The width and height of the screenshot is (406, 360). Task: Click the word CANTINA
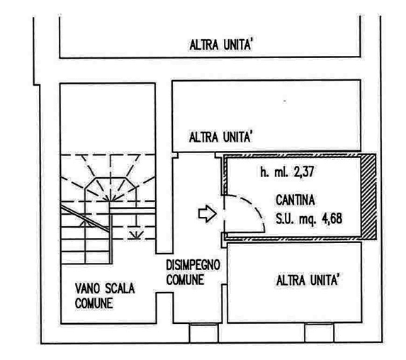(x=295, y=201)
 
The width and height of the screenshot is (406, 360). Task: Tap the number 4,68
(x=332, y=219)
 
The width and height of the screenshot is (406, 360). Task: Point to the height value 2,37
(x=304, y=171)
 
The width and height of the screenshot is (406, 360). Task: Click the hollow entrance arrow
(x=207, y=214)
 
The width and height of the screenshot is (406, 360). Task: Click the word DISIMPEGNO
(x=193, y=265)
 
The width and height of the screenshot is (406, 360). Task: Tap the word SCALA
(x=120, y=288)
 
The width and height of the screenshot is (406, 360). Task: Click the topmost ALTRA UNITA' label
(x=221, y=45)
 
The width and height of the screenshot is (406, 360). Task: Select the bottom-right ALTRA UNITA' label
(x=308, y=281)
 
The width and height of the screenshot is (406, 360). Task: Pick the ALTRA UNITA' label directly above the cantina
(x=220, y=137)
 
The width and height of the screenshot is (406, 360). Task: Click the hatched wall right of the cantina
(x=368, y=196)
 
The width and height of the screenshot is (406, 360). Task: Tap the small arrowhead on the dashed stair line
(x=136, y=235)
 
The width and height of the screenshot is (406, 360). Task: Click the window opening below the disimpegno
(x=204, y=333)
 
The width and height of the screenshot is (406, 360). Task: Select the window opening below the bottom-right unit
(x=319, y=333)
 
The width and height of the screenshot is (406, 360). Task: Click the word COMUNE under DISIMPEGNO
(x=185, y=280)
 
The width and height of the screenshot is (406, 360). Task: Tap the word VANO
(x=87, y=288)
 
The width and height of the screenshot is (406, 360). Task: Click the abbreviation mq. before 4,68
(x=308, y=220)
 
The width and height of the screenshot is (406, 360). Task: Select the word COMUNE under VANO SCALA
(x=94, y=303)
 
